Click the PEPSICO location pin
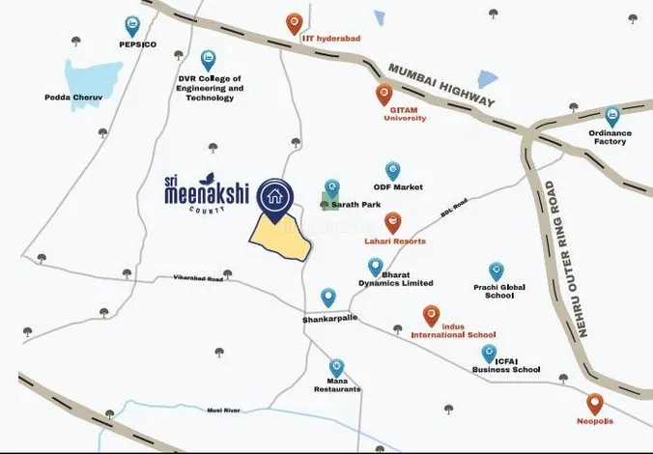pyautogui.click(x=132, y=26)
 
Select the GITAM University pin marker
pyautogui.click(x=384, y=95)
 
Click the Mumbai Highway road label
pyautogui.click(x=440, y=86)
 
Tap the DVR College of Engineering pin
pyautogui.click(x=208, y=60)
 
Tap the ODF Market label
pyautogui.click(x=398, y=187)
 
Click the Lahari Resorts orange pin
pyautogui.click(x=393, y=222)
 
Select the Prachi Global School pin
pyautogui.click(x=497, y=271)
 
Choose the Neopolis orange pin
pyautogui.click(x=594, y=404)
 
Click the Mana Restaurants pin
pyautogui.click(x=336, y=368)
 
